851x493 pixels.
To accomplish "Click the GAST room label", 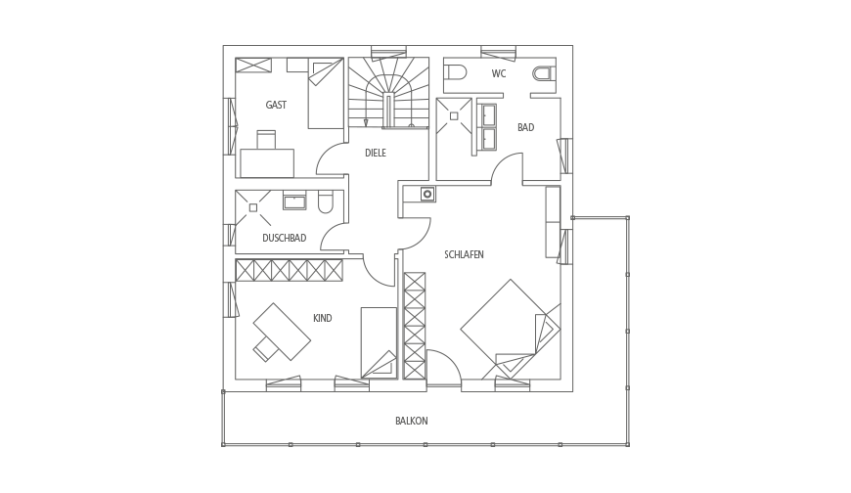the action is [276, 105].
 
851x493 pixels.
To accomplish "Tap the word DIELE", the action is [376, 154].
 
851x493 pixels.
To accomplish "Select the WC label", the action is [499, 73].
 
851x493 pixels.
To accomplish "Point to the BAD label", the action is [526, 127].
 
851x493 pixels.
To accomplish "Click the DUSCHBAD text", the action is [285, 238].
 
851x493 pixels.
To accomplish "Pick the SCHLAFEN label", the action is [464, 254].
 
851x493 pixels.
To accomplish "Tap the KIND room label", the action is [323, 318].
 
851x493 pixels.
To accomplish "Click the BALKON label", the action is [412, 421].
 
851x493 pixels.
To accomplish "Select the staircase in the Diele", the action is [388, 93].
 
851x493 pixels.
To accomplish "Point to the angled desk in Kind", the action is [282, 332].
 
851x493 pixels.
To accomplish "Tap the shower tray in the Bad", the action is [454, 116].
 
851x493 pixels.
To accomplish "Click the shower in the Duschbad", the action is [253, 208].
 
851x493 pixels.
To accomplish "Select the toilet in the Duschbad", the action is [326, 202].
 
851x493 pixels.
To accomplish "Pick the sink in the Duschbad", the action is [294, 202].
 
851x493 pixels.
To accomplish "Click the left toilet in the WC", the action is [456, 72].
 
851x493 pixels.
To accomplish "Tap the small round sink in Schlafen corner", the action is [427, 194].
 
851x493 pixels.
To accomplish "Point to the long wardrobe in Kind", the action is [290, 270].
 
